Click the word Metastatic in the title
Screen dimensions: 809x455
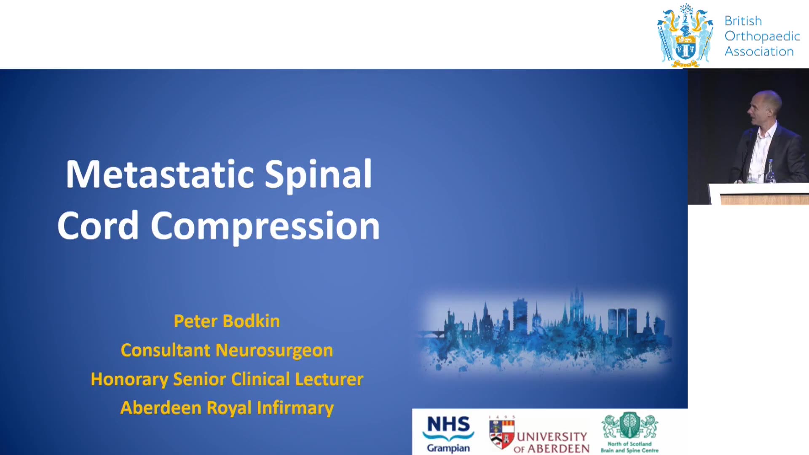(x=160, y=174)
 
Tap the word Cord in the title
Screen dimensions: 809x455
(x=98, y=225)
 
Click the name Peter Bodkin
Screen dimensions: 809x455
(x=227, y=321)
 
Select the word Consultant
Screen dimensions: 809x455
(x=166, y=350)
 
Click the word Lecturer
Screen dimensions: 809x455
(x=329, y=379)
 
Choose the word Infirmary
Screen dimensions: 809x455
(x=295, y=408)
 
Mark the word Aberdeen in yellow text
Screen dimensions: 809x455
(x=161, y=408)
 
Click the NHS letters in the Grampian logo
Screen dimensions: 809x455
(x=448, y=424)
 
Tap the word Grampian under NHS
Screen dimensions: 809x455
(x=448, y=448)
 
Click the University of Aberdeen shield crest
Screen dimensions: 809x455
(x=501, y=434)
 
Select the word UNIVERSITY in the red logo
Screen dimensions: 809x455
(x=552, y=436)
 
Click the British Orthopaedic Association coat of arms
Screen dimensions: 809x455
(x=685, y=35)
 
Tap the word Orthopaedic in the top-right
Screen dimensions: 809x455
(x=762, y=37)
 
